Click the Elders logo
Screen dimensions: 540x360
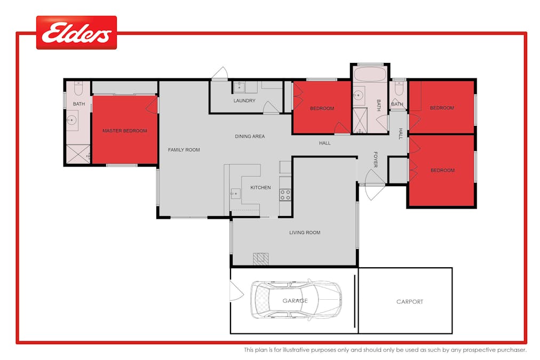pos(76,33)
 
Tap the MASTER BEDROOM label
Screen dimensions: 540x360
pos(125,131)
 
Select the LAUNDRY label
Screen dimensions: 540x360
pos(244,100)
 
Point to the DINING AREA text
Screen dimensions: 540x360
pos(250,137)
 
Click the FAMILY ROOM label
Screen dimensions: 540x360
pos(184,150)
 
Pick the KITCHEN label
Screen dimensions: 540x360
pos(260,188)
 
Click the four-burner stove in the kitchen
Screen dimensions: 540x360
pos(285,195)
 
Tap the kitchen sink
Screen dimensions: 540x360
pos(235,194)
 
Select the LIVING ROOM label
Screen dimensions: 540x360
pos(305,233)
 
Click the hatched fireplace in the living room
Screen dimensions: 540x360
pos(261,259)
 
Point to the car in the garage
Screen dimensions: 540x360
pos(296,299)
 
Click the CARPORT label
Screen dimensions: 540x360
pos(409,302)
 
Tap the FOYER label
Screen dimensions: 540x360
pos(376,159)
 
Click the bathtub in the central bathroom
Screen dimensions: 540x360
pos(370,74)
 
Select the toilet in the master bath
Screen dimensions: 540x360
pos(78,89)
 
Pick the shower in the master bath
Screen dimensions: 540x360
pos(78,154)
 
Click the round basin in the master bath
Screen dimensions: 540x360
pos(72,121)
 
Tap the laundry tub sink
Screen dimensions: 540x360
pos(240,87)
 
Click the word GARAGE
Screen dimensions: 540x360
pos(295,301)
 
